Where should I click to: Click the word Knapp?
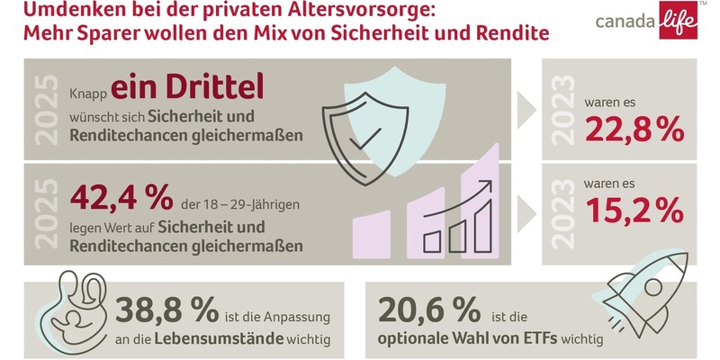point(87,92)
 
